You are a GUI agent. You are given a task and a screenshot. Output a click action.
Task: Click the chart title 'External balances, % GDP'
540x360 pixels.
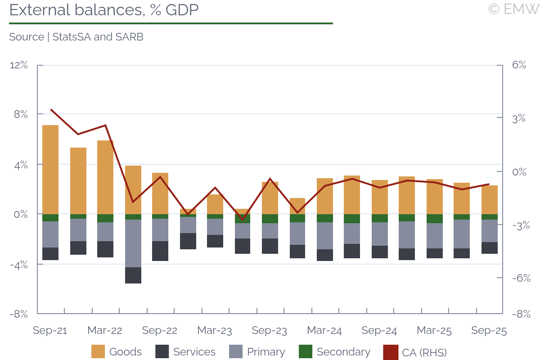click(x=104, y=10)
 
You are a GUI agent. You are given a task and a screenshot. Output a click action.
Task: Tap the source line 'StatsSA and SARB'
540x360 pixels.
click(x=76, y=37)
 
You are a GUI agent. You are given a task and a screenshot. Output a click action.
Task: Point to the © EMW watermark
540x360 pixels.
click(x=513, y=9)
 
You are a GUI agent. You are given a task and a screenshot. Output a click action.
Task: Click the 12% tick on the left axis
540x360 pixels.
click(x=19, y=65)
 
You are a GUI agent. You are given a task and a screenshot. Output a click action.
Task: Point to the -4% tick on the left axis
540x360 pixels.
click(x=19, y=265)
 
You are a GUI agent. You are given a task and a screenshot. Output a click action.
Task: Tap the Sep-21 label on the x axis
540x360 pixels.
click(x=50, y=331)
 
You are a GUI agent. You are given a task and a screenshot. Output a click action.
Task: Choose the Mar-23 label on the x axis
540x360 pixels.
click(x=215, y=331)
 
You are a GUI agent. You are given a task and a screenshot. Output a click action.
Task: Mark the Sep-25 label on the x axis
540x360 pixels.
click(x=489, y=331)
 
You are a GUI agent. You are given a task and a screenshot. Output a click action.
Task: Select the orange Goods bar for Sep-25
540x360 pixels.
click(x=490, y=200)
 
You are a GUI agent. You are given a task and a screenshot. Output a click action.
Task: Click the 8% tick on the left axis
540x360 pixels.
click(x=19, y=115)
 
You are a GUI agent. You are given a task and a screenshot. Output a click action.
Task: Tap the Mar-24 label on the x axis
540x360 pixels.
click(x=324, y=331)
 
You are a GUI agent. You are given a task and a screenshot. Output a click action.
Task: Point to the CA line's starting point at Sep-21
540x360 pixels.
click(x=51, y=109)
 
